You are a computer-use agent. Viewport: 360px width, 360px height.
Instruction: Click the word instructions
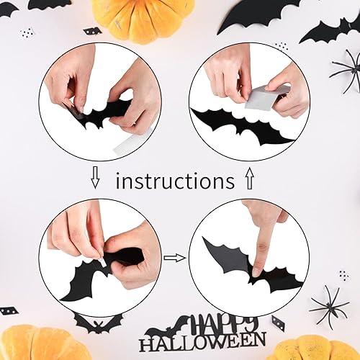[175, 180]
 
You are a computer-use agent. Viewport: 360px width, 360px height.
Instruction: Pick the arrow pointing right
[174, 256]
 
